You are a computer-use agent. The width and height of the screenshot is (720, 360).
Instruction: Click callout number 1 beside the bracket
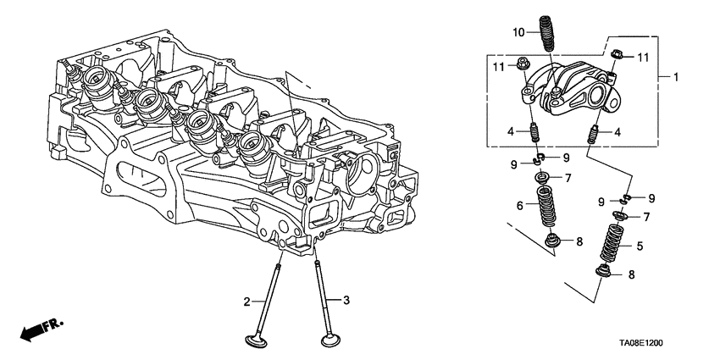[x=675, y=77]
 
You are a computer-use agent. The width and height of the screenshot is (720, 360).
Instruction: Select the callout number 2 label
[x=247, y=302]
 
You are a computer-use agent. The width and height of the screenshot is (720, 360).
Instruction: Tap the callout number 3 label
[x=346, y=301]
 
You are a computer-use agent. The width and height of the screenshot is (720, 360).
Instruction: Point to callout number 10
[x=518, y=33]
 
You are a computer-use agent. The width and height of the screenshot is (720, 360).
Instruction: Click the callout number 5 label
[x=640, y=246]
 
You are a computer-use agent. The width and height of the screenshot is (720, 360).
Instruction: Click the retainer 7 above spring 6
[x=543, y=179]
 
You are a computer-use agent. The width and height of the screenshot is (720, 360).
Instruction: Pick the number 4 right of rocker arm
[x=618, y=132]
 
